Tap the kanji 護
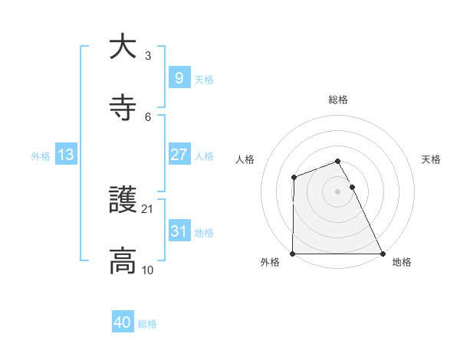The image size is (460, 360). pos(123,200)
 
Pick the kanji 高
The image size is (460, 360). pos(123,260)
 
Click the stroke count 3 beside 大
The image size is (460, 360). pos(148,56)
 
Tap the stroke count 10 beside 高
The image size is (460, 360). pos(148,270)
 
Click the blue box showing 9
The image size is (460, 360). pos(179,77)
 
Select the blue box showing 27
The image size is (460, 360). pos(179,155)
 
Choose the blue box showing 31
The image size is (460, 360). pos(179,231)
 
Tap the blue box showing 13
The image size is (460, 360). pos(66,155)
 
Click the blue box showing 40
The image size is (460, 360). pos(122,323)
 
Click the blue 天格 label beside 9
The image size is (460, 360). pos(204,79)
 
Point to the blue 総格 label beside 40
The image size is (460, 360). pos(147,325)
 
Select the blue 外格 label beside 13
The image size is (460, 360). pos(41,156)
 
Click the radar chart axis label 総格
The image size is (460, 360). pos(337,100)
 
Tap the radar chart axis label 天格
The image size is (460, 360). pos(432,159)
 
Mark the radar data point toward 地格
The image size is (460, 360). pos(382,254)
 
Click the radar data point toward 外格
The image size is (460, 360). pos(293,254)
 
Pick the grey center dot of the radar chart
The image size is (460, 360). pos(337,191)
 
